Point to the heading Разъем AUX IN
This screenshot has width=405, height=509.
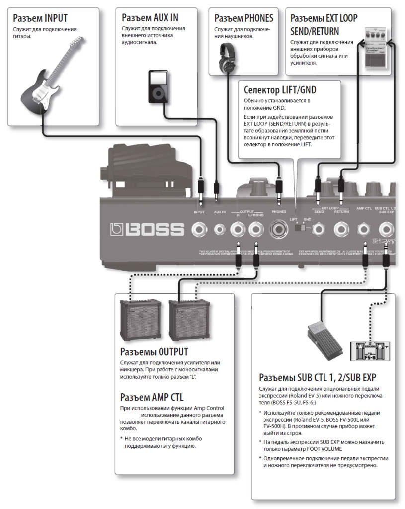tap(150, 18)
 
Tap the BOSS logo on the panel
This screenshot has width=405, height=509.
tap(148, 230)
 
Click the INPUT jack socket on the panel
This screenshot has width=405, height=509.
tap(200, 229)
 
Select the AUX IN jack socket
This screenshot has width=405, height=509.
tap(219, 229)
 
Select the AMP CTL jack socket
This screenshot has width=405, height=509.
tap(365, 229)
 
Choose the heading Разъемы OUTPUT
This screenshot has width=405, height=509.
tap(154, 352)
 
